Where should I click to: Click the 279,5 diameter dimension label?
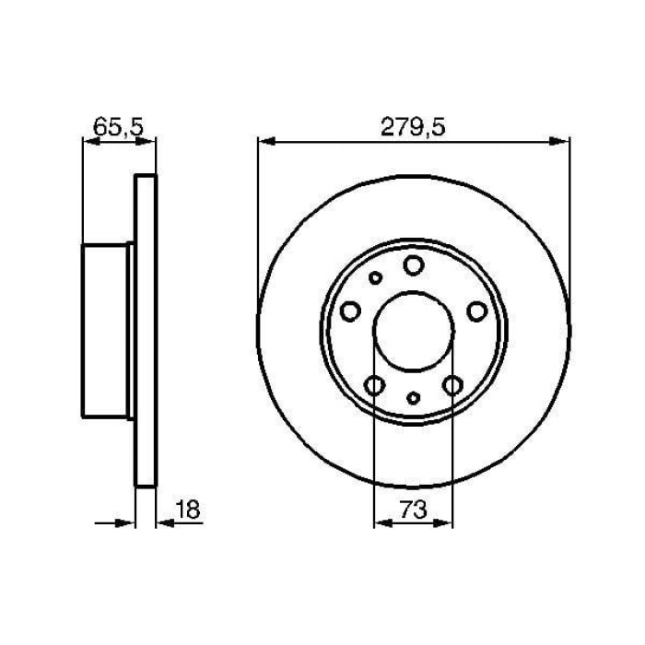pos(414,128)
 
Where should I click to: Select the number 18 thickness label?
pos(188,509)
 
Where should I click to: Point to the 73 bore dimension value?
pos(414,510)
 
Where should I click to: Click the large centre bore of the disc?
pos(414,330)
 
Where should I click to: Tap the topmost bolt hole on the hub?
pos(414,266)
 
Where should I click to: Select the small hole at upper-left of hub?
pos(375,277)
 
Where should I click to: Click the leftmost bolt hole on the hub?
pos(350,312)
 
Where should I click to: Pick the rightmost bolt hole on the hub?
pos(476,312)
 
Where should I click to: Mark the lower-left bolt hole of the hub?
pos(375,385)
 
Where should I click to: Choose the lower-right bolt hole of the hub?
pos(452,385)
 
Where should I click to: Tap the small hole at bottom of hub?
pos(414,398)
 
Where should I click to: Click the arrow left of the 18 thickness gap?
pos(126,522)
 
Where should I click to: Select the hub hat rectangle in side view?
pos(106,329)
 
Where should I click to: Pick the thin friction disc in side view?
pos(146,330)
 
